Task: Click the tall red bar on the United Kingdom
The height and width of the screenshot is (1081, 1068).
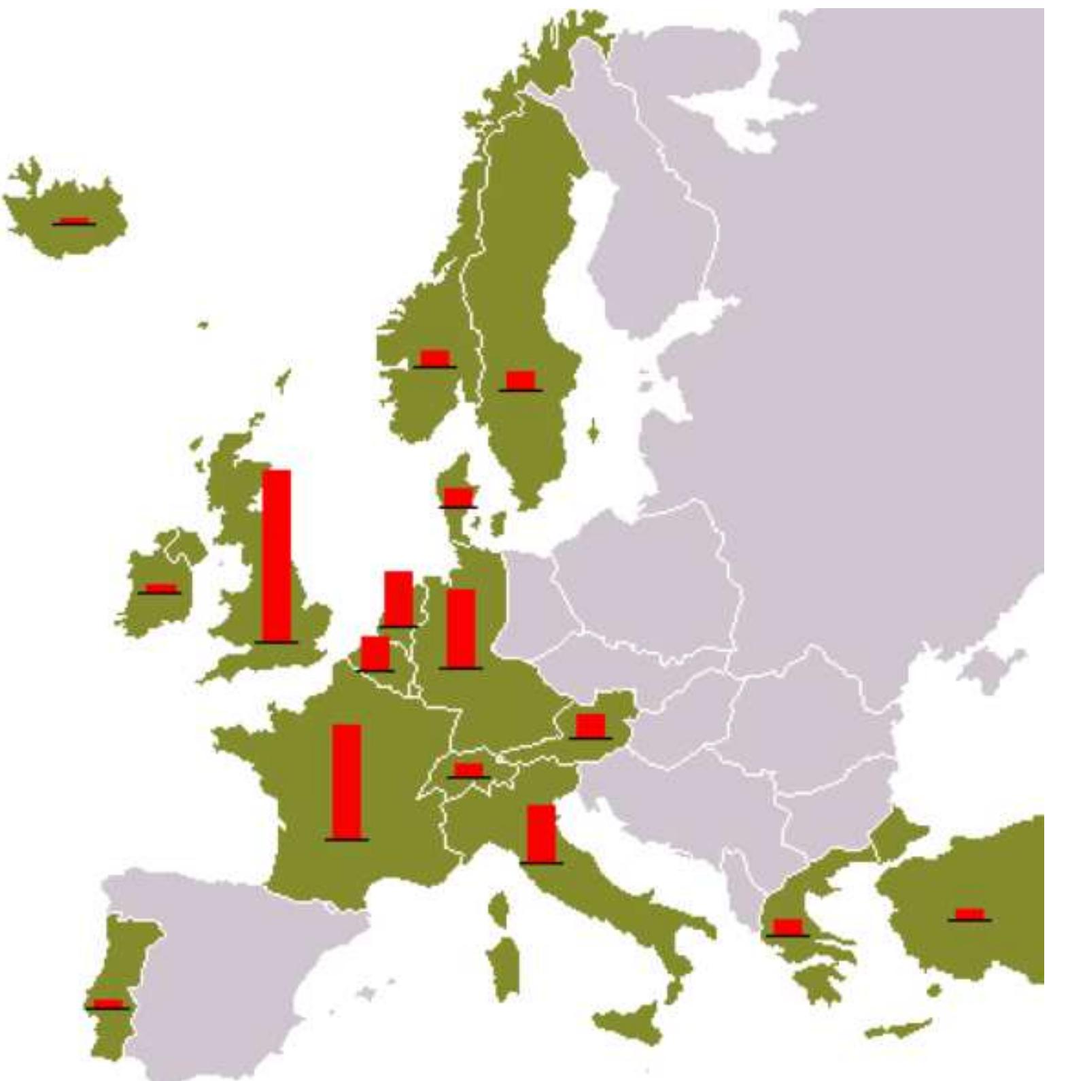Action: coord(276,554)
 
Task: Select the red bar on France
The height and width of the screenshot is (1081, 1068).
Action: coord(347,781)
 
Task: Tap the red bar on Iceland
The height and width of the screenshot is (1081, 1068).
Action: coord(74,220)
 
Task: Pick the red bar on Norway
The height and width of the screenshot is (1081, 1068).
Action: coord(434,358)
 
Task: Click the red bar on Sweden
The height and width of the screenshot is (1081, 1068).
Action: coord(521,380)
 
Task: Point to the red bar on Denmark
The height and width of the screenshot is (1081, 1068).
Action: coord(458,497)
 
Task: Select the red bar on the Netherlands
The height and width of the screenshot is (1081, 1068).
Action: coord(398,598)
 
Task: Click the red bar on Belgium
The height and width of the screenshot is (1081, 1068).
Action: coord(375,653)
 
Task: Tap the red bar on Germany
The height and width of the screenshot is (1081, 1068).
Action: coord(461,628)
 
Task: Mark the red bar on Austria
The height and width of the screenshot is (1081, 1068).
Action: coord(590,725)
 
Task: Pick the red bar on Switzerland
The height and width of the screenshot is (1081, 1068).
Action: coord(468,769)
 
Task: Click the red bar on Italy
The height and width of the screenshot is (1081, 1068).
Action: coord(541,833)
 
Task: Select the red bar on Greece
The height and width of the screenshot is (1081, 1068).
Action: coord(788,927)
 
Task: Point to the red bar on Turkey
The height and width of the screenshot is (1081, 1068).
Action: coord(969,914)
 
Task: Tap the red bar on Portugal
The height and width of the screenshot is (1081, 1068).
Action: coord(107,1003)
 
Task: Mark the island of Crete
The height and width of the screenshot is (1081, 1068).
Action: coord(897,1028)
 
